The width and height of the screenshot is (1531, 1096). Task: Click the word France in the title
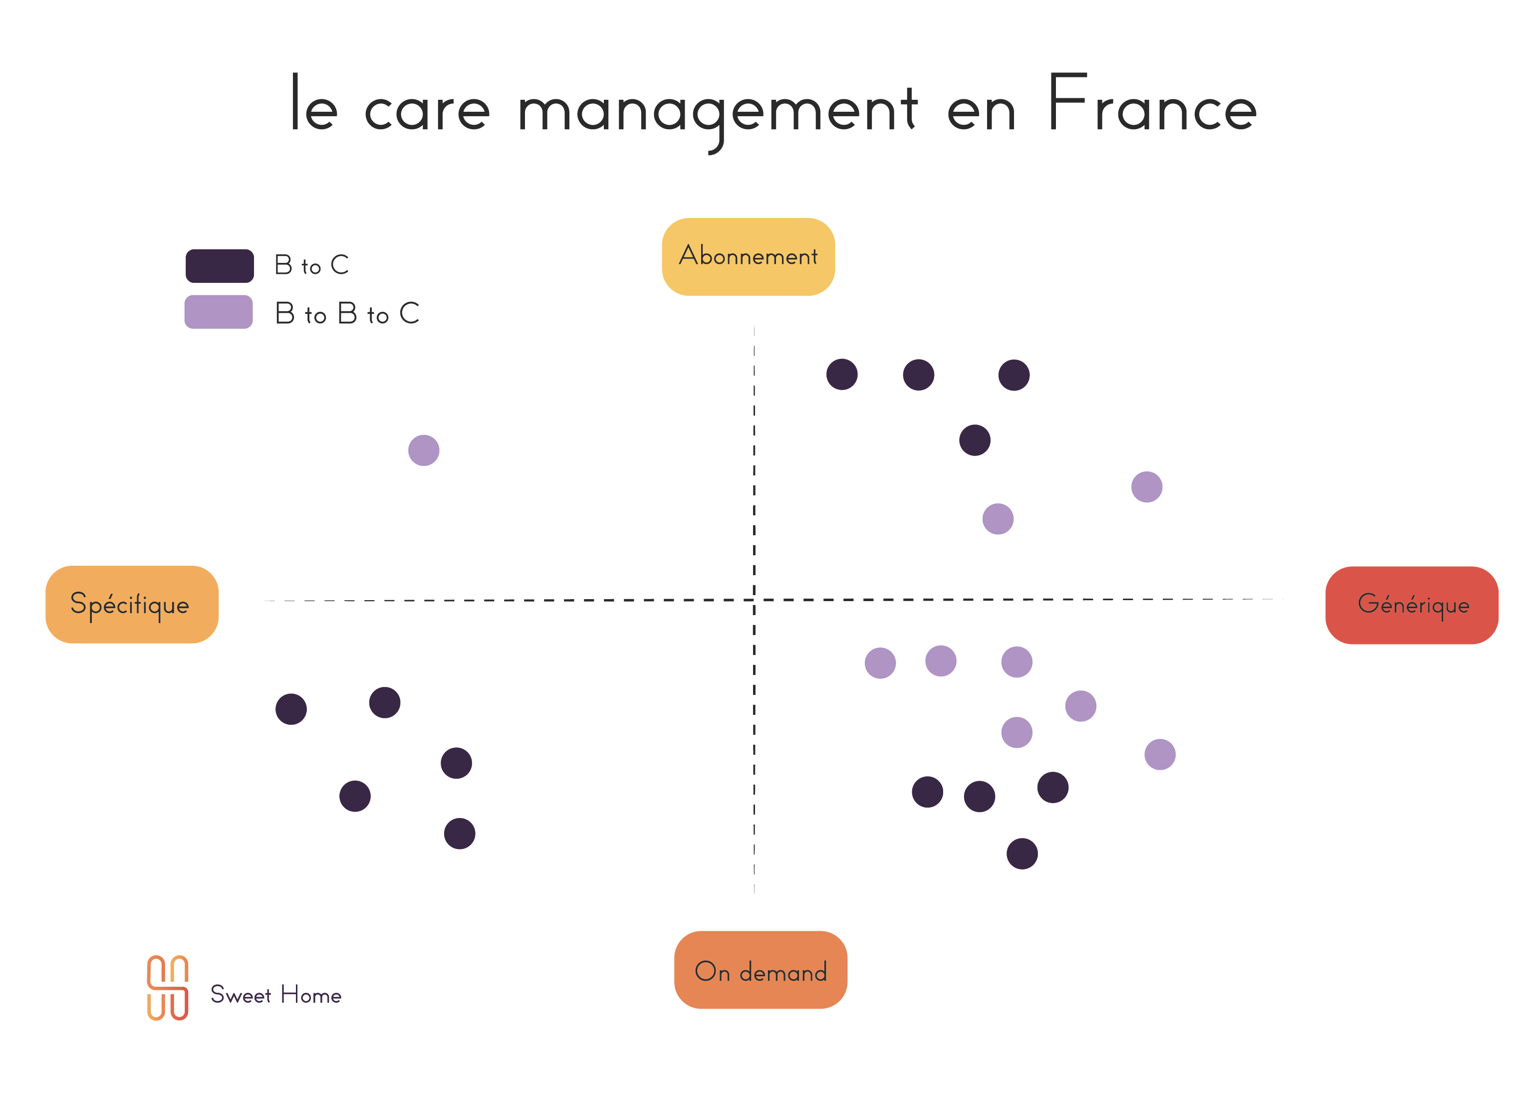click(x=1152, y=105)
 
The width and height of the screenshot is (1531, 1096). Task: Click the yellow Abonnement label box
click(x=748, y=256)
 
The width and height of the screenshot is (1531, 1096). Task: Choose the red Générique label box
click(x=1412, y=605)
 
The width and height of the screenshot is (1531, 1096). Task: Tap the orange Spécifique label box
click(x=132, y=604)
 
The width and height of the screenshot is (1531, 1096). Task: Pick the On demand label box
click(x=760, y=970)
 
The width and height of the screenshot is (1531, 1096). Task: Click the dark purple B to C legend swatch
click(x=220, y=266)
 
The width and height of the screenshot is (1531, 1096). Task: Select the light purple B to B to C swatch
click(x=219, y=312)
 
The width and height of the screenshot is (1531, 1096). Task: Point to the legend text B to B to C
click(x=347, y=314)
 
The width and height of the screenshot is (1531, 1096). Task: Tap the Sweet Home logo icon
click(x=167, y=987)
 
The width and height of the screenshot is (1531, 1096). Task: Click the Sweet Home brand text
click(x=275, y=994)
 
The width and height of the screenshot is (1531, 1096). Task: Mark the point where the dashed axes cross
click(x=754, y=599)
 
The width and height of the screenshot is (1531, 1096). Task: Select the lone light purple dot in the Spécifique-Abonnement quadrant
click(x=424, y=450)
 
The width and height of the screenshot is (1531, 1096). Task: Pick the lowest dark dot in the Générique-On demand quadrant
click(x=1022, y=854)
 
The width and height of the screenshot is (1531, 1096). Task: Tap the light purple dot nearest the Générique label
click(x=1160, y=754)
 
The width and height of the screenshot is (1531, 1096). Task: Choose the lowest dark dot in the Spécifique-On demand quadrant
click(x=460, y=834)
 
